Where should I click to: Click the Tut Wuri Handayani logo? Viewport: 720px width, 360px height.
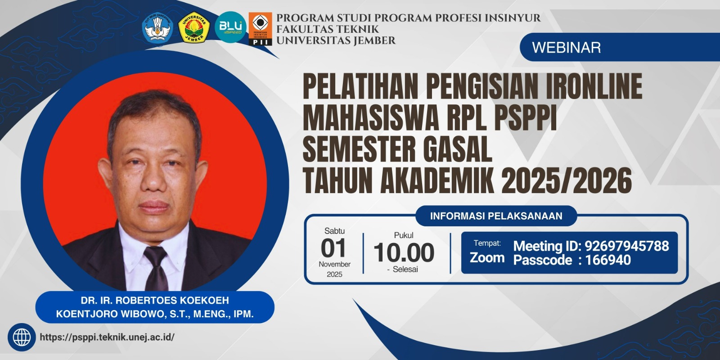(x=157, y=27)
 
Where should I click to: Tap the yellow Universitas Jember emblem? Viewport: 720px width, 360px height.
(x=194, y=27)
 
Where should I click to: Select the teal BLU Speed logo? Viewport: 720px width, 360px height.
(x=230, y=27)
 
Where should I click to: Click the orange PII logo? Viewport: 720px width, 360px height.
(x=260, y=29)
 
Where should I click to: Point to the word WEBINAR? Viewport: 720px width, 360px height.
(x=567, y=48)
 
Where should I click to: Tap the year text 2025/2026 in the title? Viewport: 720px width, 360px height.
(x=567, y=180)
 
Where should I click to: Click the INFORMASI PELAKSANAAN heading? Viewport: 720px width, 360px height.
(x=496, y=216)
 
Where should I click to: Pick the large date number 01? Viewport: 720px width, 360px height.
(x=333, y=248)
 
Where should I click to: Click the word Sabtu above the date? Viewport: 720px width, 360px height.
(x=334, y=231)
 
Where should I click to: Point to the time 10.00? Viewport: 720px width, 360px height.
(x=404, y=252)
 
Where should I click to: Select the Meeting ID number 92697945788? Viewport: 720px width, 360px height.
(x=627, y=246)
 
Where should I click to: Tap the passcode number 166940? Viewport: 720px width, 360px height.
(x=608, y=260)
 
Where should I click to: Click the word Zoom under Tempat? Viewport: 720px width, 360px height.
(x=487, y=258)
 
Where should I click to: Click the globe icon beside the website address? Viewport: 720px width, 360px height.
(x=22, y=337)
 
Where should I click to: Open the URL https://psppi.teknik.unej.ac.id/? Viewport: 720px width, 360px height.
(x=108, y=337)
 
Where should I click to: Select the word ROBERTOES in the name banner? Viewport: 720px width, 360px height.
(x=146, y=300)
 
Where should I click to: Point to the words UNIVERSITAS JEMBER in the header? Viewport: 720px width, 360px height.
(x=336, y=40)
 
